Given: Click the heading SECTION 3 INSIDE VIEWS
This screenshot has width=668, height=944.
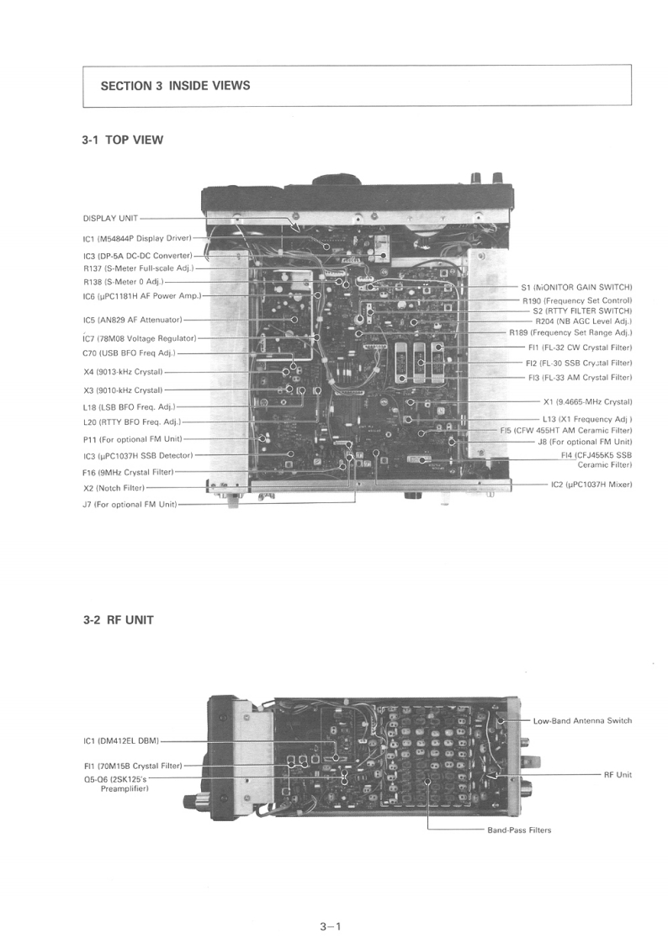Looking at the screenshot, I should pos(175,86).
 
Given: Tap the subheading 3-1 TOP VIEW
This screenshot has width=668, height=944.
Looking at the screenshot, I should pos(123,141).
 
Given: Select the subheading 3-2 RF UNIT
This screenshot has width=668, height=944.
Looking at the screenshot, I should pos(119,621).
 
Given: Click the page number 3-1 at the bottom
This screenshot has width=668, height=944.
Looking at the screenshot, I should pos(329,927).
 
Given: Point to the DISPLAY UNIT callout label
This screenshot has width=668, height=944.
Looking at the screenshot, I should pos(111,218).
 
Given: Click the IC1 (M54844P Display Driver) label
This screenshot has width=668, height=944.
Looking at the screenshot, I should pos(137,238).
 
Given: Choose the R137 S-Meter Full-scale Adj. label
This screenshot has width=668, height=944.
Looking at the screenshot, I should pos(138,268).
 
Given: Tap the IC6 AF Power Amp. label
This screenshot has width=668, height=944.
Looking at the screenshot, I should pos(141,295).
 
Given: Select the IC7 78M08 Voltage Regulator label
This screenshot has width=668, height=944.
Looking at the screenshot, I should pos(139,338).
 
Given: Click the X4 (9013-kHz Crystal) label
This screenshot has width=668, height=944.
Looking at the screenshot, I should pos(123,371).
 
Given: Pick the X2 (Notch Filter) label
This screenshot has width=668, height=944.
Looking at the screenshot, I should pos(114,488).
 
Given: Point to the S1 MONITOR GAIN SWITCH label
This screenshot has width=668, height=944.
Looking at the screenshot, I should pos(576,287).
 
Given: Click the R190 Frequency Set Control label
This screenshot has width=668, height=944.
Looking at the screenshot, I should pos(576,300).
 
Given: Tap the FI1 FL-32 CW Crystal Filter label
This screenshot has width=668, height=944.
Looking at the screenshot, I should pos(580,347).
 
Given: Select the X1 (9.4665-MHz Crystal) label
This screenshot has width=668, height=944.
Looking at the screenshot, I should pos(587,401).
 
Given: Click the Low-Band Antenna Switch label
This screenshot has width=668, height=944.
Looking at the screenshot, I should pos(582,721).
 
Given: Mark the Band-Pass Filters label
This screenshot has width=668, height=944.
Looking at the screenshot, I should pos(519,830).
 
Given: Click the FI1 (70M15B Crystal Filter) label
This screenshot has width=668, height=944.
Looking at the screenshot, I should pos(133,766).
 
